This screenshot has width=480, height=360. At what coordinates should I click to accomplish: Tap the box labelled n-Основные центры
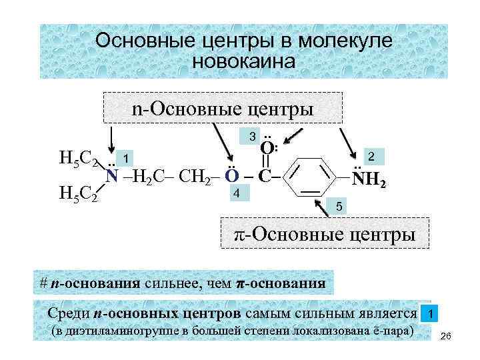point(223,107)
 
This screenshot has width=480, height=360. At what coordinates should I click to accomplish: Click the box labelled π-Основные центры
point(325,233)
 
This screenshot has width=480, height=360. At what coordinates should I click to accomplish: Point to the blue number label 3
point(252,137)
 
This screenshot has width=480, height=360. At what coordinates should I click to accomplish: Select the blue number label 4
point(236,193)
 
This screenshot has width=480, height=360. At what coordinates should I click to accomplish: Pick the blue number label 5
point(339,207)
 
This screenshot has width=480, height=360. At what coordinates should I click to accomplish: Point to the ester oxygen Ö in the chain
point(231,176)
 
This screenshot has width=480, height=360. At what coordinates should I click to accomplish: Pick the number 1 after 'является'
point(432,313)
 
